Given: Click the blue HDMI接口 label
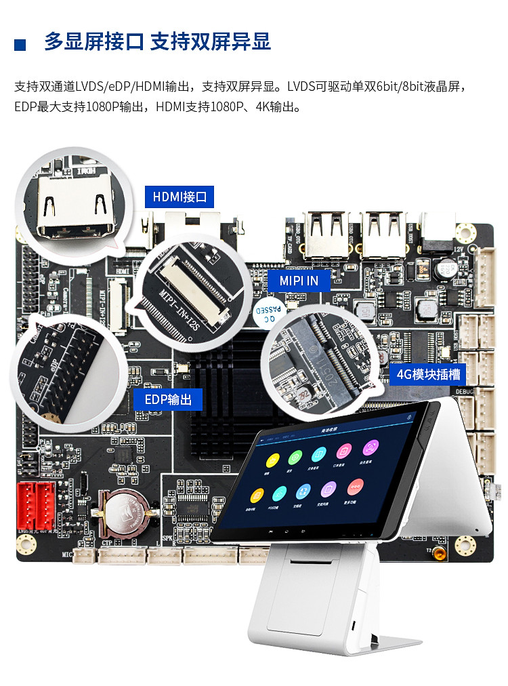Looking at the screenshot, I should (179, 197).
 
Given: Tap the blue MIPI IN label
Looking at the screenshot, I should (299, 280).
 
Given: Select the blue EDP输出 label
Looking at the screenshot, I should (168, 399).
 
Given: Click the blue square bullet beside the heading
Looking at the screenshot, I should (20, 45).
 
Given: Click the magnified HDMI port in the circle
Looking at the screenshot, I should (75, 206).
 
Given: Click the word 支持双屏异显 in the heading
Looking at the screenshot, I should (210, 42).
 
